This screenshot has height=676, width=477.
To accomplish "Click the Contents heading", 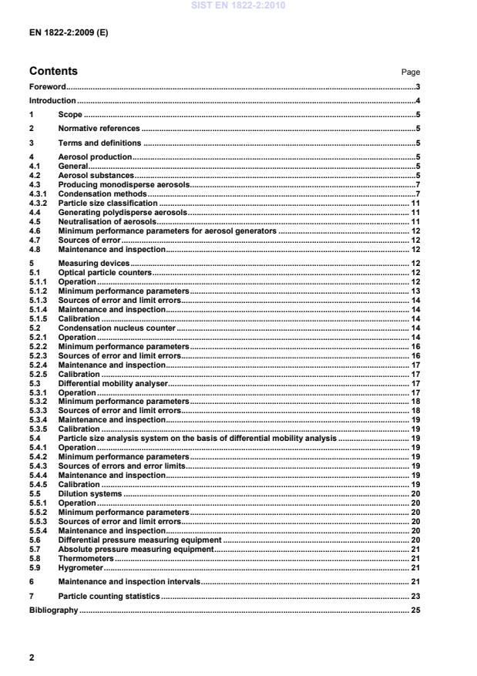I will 53,72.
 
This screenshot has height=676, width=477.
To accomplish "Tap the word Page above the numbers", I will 411,72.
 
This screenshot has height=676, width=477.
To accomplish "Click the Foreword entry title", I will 48,87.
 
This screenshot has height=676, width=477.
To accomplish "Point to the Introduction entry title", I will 52,101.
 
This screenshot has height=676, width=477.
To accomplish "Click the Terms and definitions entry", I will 99,143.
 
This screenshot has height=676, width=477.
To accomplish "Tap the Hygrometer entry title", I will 80,567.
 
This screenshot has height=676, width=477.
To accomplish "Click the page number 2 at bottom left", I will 32,658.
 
